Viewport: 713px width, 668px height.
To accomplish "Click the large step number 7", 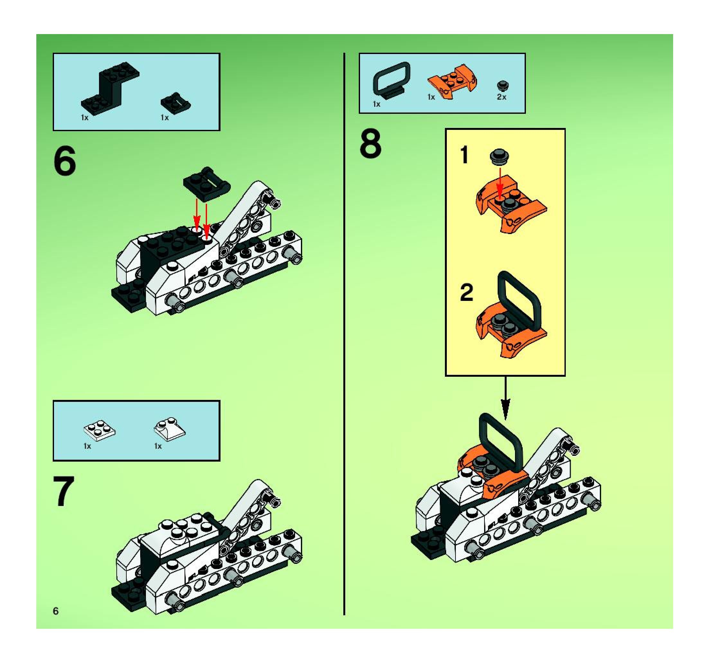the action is tap(64, 491).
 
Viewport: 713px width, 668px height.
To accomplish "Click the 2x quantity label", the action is tap(501, 97).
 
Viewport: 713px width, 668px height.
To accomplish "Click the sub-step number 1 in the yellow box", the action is tap(465, 155).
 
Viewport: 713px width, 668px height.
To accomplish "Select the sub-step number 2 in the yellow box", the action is tap(467, 293).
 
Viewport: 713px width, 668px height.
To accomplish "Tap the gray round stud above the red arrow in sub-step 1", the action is tap(500, 157).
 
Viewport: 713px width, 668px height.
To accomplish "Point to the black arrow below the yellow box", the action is tap(505, 398).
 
